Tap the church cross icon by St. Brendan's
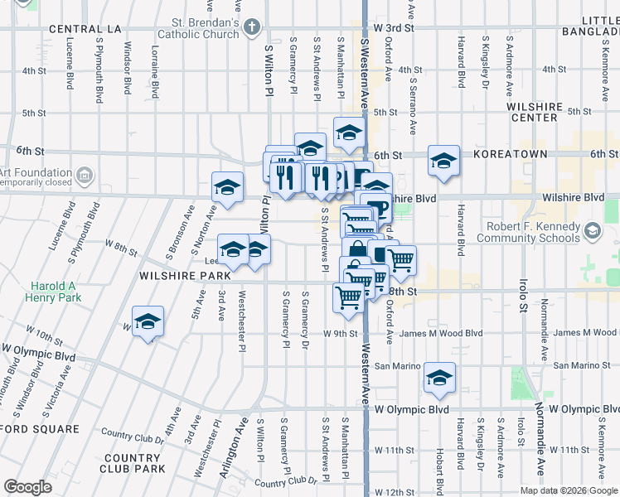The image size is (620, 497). pos(253,29)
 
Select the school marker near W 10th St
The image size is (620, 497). pos(148,321)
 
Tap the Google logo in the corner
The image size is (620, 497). pos(28,487)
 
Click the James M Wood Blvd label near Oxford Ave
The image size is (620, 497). pos(440,334)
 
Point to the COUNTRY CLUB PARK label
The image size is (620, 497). pos(133,463)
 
